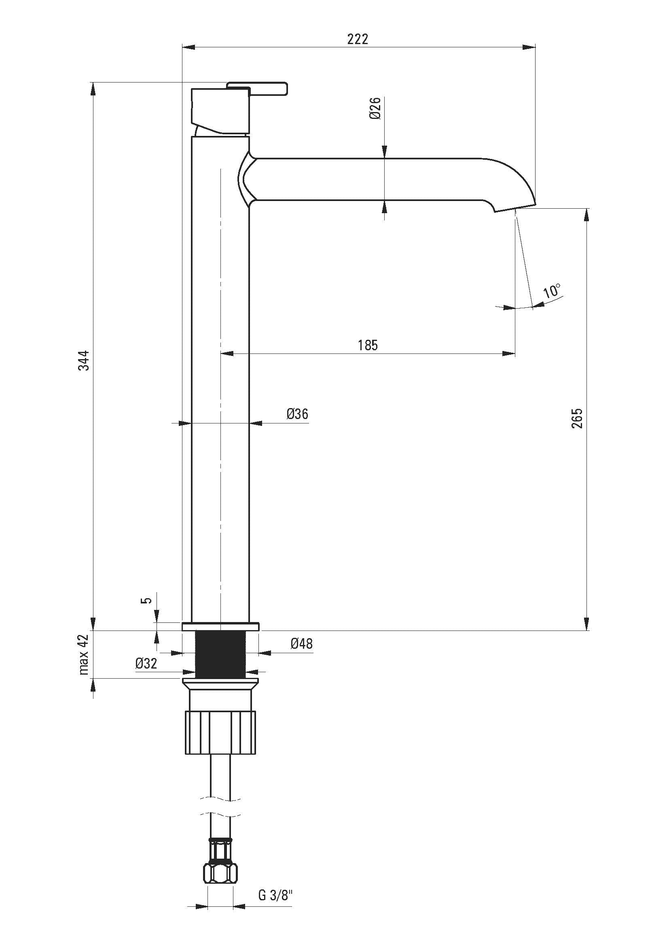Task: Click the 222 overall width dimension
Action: tap(357, 39)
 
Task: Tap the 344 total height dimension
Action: tap(84, 360)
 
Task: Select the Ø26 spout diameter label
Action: tap(375, 108)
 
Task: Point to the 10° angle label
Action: tap(552, 291)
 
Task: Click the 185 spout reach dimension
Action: tap(367, 345)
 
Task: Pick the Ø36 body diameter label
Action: tap(297, 414)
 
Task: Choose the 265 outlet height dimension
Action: tap(577, 418)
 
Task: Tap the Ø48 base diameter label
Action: tap(302, 643)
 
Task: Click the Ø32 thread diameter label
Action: tap(146, 664)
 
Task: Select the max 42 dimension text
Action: tap(84, 654)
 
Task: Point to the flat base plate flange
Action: tap(220, 626)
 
